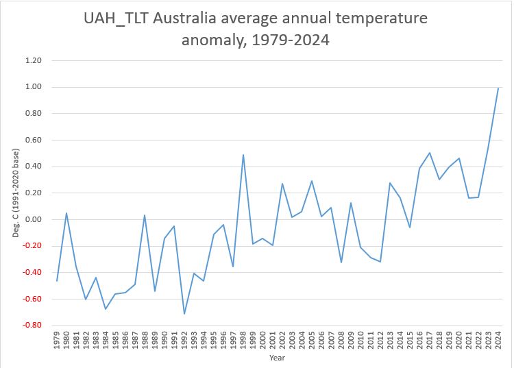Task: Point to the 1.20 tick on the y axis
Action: click(x=34, y=60)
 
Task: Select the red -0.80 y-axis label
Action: click(x=32, y=326)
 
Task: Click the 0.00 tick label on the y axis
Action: click(x=34, y=219)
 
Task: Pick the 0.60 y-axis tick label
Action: click(x=34, y=140)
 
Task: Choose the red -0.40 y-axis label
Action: click(x=32, y=273)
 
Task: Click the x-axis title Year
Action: click(x=277, y=357)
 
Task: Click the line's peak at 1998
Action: click(x=243, y=155)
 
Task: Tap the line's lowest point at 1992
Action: click(x=184, y=314)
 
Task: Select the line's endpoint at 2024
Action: click(x=498, y=88)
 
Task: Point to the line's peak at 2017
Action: click(x=430, y=153)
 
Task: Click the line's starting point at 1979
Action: click(x=57, y=280)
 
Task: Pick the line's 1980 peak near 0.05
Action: click(x=66, y=213)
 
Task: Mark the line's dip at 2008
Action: click(x=341, y=262)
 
